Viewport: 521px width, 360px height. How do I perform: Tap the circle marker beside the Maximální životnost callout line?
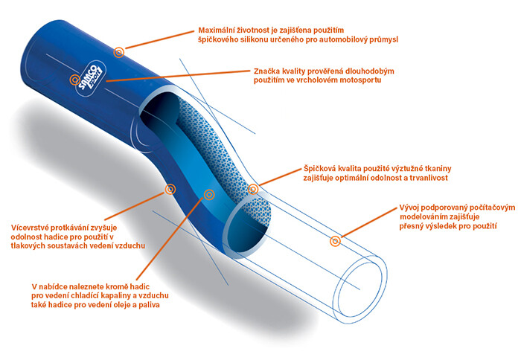pyautogui.click(x=119, y=51)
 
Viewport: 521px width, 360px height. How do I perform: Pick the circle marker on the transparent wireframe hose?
pyautogui.click(x=336, y=240)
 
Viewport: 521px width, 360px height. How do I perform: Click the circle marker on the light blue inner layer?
pyautogui.click(x=209, y=194)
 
